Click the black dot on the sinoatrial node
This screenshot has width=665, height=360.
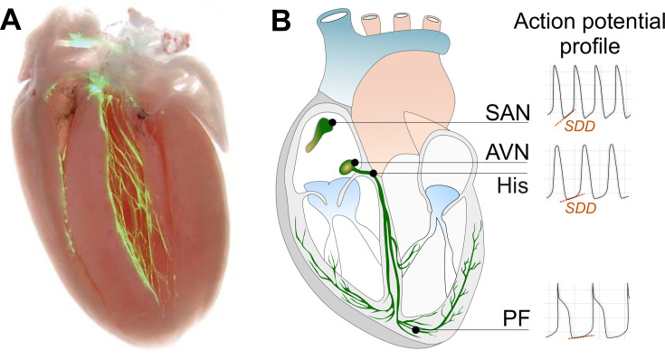(x=333, y=122)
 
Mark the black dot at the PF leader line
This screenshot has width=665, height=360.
(x=416, y=331)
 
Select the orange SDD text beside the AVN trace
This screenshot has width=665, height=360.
(x=579, y=207)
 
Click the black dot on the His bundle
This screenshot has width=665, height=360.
(x=374, y=172)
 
